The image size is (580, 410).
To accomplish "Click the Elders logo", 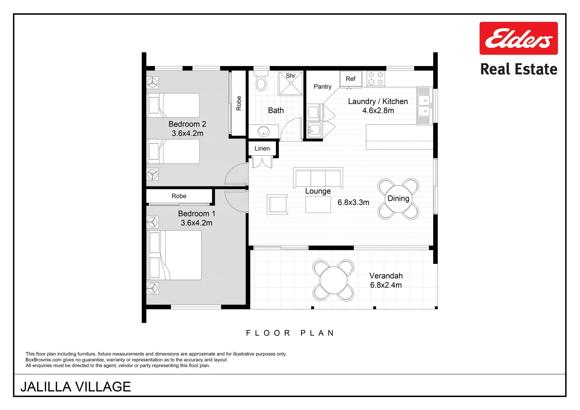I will coord(519,38).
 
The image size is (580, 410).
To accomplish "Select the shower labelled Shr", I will coord(291,84).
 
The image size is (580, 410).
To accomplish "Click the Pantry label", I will coord(323,87).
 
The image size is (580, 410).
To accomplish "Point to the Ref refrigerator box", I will coord(350,79).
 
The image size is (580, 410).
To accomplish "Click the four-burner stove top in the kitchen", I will coord(376,79).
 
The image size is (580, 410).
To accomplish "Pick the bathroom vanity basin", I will coord(263,131).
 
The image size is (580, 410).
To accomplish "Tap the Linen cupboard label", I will coord(262,148).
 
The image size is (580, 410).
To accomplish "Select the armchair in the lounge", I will coord(277,205).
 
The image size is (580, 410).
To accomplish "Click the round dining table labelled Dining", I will coord(398,199).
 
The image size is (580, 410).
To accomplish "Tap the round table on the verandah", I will coord(333,280).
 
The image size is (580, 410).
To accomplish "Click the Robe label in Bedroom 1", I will coord(179,196).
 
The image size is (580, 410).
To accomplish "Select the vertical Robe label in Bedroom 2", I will coord(239,103).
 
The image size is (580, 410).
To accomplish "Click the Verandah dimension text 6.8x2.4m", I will coord(386,285).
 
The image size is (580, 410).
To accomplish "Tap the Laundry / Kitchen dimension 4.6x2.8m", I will coord(378,110).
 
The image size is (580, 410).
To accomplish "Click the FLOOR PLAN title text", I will coord(290,333).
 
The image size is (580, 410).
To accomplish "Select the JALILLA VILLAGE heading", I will coord(76,386).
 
